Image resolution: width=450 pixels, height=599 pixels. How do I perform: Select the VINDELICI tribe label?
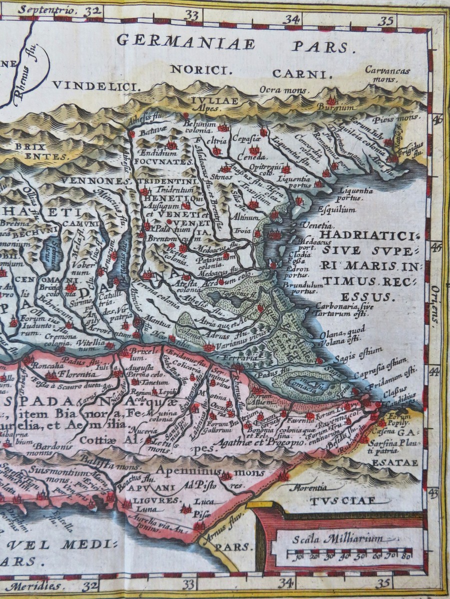94,86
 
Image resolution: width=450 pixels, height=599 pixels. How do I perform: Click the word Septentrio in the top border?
47,9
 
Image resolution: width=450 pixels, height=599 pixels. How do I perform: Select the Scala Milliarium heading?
338,538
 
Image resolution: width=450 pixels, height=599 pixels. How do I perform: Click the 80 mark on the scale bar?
406,556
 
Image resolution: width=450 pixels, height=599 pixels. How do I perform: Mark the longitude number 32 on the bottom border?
90,584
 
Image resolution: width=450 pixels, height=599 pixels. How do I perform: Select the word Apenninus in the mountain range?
194,471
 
